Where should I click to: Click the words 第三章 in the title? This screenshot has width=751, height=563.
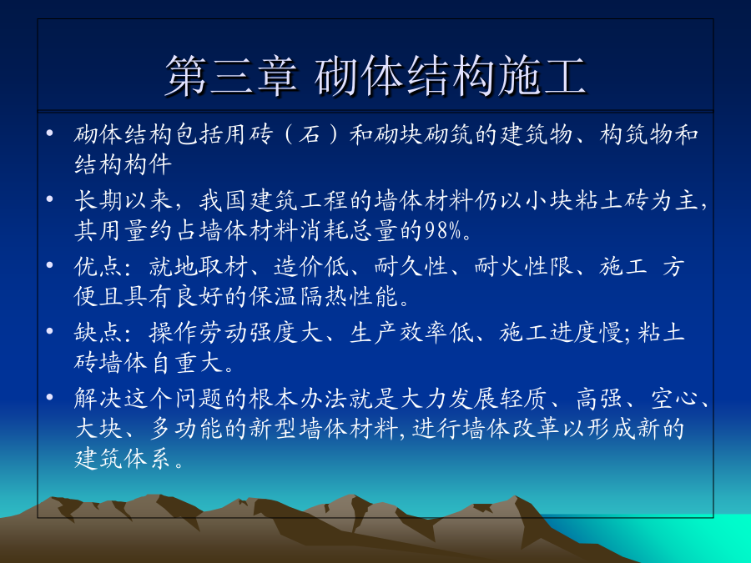click(232, 76)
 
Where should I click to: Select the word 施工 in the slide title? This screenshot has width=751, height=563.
click(542, 76)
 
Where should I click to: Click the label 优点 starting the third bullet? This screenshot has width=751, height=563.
click(98, 266)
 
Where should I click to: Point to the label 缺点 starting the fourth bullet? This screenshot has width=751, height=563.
click(98, 332)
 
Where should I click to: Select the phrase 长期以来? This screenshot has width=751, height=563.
click(123, 200)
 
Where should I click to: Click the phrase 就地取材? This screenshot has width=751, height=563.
click(199, 266)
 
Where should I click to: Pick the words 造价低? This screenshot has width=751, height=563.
click(311, 266)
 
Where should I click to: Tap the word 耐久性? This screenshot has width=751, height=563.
click(411, 266)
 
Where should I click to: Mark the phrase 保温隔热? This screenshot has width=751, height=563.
click(299, 296)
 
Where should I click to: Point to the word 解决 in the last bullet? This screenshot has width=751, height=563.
click(98, 398)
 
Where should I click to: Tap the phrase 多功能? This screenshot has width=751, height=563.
click(186, 428)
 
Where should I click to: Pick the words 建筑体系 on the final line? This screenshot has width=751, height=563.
click(123, 459)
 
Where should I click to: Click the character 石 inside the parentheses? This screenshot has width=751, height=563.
click(310, 134)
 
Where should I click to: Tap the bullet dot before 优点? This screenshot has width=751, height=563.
click(49, 264)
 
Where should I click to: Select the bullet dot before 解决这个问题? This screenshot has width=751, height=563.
click(49, 396)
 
